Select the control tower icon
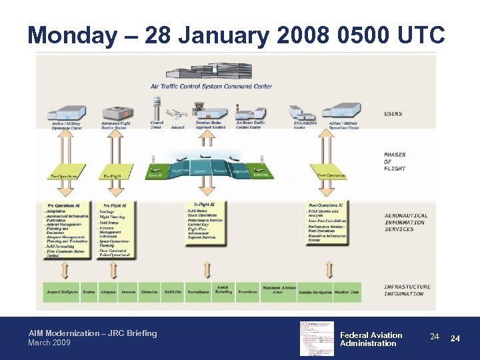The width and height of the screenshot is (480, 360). coord(157,108)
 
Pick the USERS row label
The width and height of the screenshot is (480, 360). coord(393,114)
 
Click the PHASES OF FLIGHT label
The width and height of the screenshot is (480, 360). coord(395,162)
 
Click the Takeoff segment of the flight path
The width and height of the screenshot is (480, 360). coord(155,174)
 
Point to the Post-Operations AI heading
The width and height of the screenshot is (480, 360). coord(325,205)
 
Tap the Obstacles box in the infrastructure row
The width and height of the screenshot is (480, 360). coord(150,292)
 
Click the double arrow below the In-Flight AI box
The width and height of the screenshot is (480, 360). coord(207,269)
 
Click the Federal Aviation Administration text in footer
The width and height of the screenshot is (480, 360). coord(371,339)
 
